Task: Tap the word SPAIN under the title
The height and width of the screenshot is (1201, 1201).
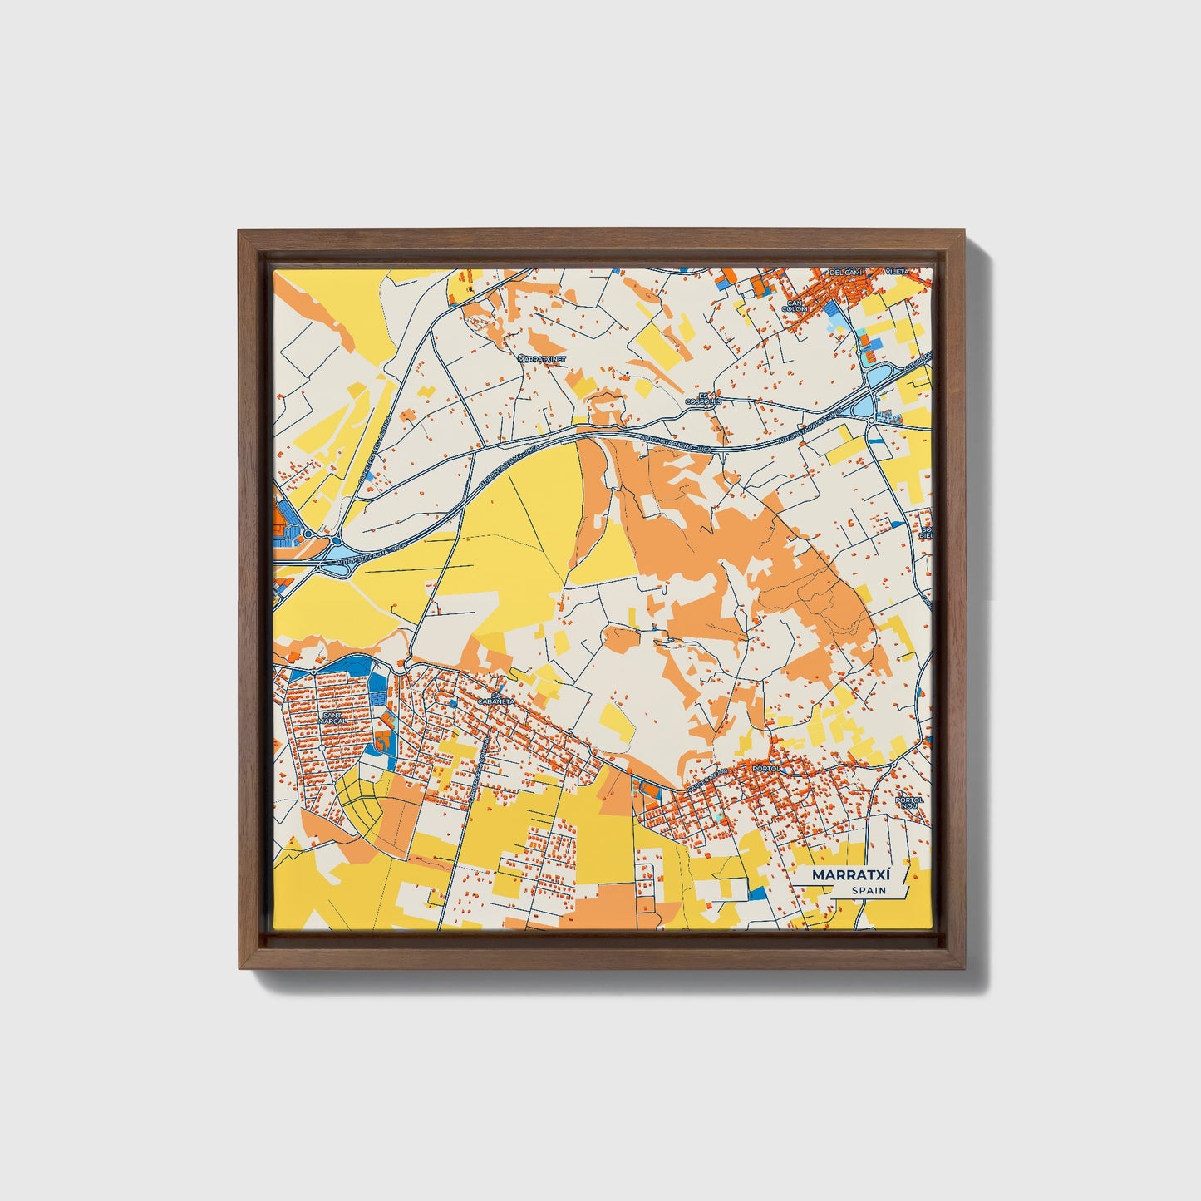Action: pos(869,891)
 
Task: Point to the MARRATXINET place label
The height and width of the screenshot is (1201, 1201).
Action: pos(540,359)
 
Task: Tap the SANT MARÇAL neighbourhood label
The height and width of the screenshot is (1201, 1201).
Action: pos(332,716)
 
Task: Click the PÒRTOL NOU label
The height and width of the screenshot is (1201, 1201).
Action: pos(909,803)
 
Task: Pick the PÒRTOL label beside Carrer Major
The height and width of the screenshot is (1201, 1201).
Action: pos(763,770)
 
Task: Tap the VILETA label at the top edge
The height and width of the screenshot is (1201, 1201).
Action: pos(898,272)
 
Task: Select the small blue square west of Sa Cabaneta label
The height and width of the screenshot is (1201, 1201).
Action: pos(453,703)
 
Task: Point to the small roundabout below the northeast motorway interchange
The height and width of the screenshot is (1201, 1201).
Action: pos(870,421)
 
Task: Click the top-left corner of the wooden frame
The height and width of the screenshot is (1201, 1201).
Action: pos(238,230)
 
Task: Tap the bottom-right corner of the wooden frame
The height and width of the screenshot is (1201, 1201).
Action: pos(963,970)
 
